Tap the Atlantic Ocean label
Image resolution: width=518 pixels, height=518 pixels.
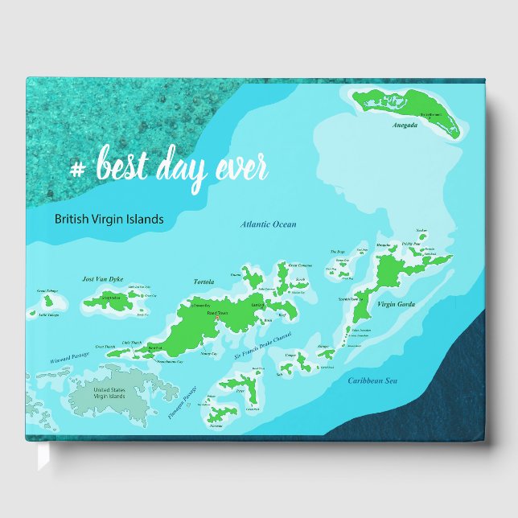click(269, 224)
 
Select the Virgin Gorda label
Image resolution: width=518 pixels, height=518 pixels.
click(395, 304)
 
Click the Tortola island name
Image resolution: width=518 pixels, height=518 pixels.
click(204, 282)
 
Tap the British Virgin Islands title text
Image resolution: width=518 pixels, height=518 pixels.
click(109, 218)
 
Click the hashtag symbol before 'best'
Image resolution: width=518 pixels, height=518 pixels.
click(78, 169)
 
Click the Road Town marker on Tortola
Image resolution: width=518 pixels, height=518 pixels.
click(217, 319)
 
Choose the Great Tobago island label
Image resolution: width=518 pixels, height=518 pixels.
click(47, 292)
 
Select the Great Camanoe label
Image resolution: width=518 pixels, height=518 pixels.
click(300, 265)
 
